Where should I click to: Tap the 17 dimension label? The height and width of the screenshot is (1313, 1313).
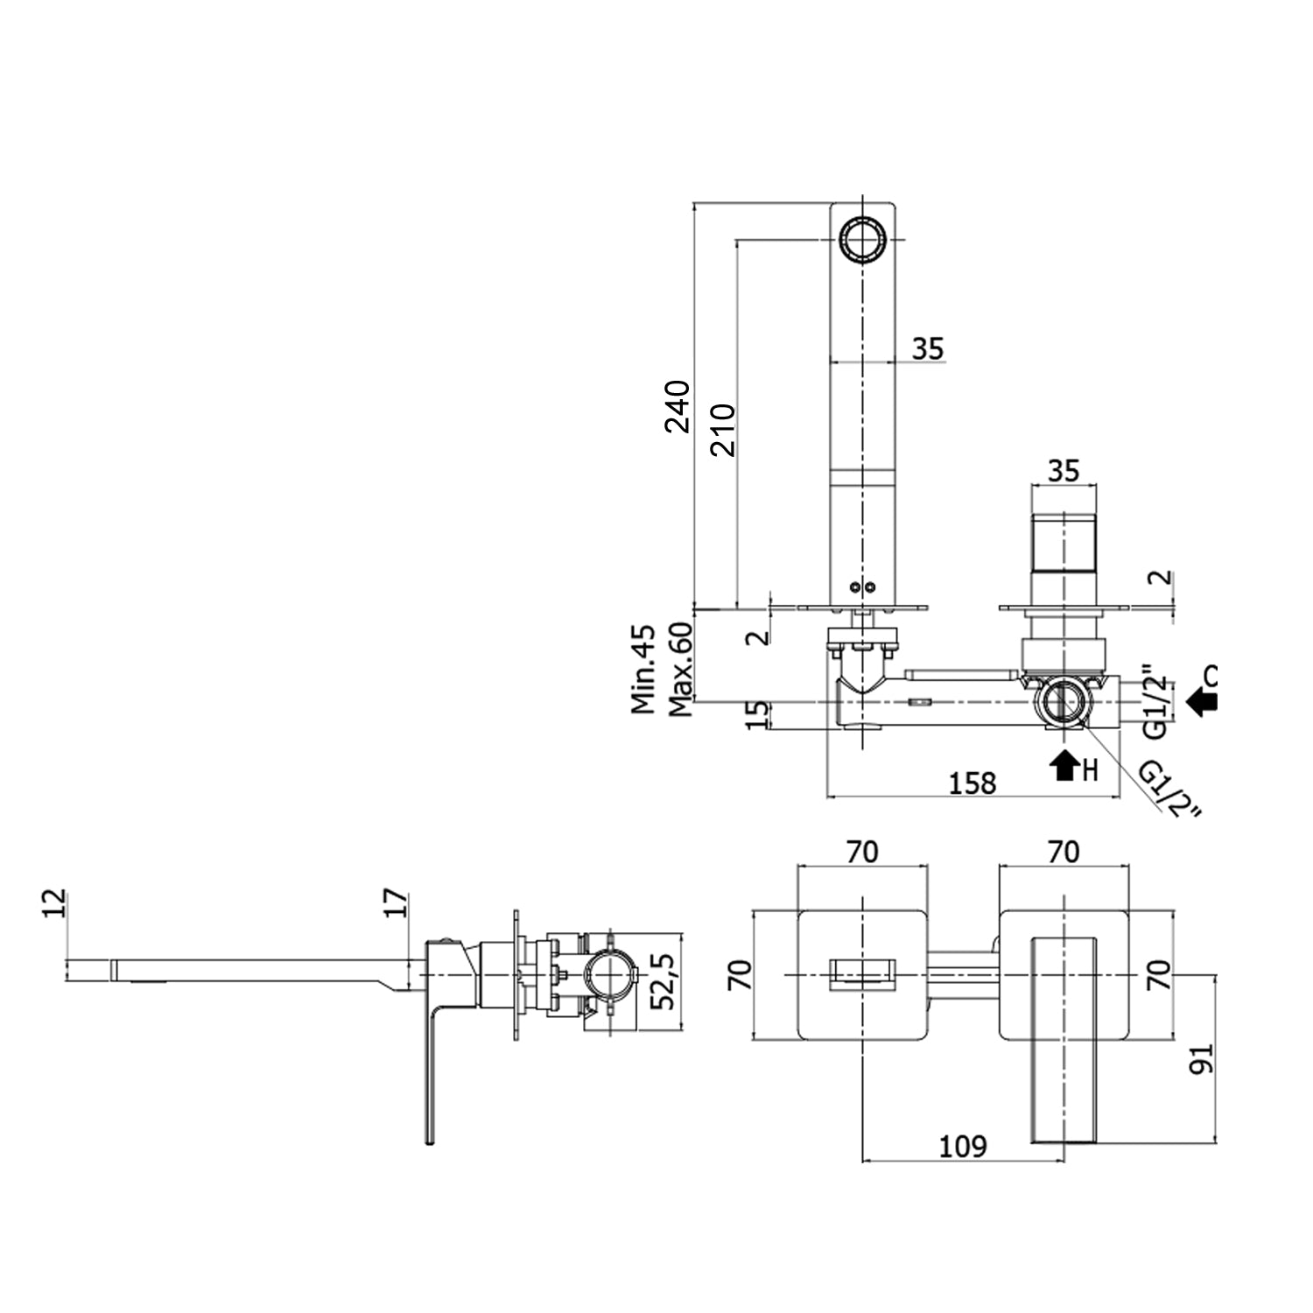pyautogui.click(x=396, y=902)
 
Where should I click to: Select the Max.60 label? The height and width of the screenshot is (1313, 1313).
pyautogui.click(x=680, y=669)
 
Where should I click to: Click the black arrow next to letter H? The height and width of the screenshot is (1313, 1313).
pyautogui.click(x=1064, y=765)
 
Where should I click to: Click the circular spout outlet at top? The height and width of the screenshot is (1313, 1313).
pyautogui.click(x=864, y=237)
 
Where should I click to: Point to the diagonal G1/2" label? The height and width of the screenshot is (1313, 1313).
pyautogui.click(x=1169, y=788)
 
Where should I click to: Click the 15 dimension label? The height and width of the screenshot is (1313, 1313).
pyautogui.click(x=760, y=714)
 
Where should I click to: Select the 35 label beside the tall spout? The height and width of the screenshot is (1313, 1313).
pyautogui.click(x=928, y=348)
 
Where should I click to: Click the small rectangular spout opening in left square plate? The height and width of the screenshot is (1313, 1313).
pyautogui.click(x=863, y=973)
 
